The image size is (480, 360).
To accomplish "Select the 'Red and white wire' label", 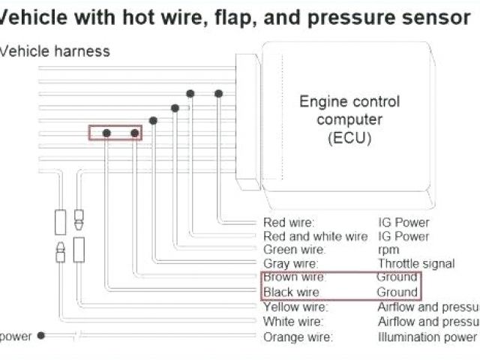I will click(316, 236).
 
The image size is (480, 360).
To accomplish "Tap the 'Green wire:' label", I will click(294, 250).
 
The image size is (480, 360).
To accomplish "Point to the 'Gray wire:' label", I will click(291, 264).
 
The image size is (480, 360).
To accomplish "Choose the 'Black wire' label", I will click(291, 292).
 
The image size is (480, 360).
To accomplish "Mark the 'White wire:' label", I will click(292, 321).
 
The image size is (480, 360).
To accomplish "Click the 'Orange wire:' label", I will click(297, 337).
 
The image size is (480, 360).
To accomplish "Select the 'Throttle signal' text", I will click(416, 264).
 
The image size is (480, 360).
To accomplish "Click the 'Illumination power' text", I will click(427, 337).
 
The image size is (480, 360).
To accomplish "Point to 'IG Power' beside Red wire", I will click(403, 222).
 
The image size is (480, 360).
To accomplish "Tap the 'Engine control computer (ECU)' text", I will click(349, 119).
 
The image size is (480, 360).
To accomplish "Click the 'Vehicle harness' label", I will click(55, 51).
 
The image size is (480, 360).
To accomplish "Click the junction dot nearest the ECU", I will click(218, 94).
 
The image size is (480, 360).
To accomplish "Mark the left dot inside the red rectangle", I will click(106, 133).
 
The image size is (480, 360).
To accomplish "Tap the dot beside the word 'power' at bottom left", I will click(41, 336).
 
